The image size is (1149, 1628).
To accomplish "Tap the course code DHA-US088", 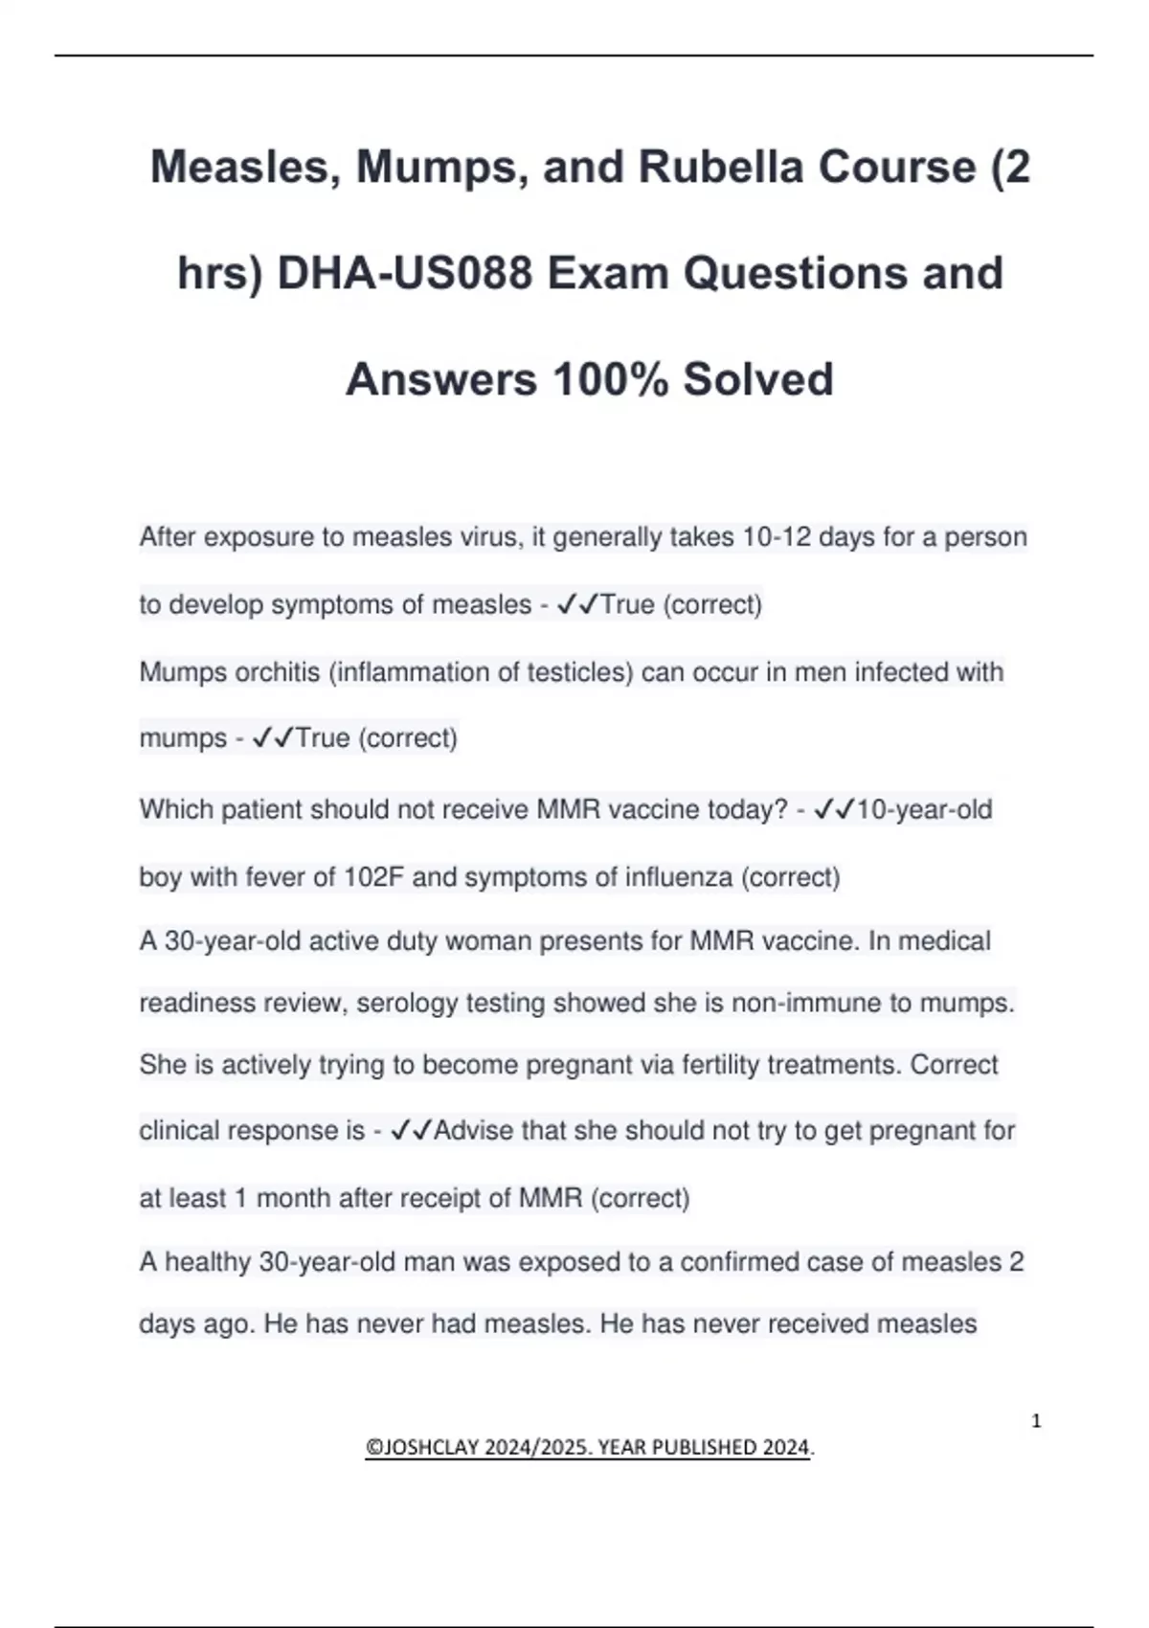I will (x=405, y=273).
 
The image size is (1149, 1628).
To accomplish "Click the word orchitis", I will (x=277, y=672).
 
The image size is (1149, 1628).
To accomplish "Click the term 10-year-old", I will (x=924, y=810).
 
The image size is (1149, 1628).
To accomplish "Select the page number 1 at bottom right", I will (x=1036, y=1421).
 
